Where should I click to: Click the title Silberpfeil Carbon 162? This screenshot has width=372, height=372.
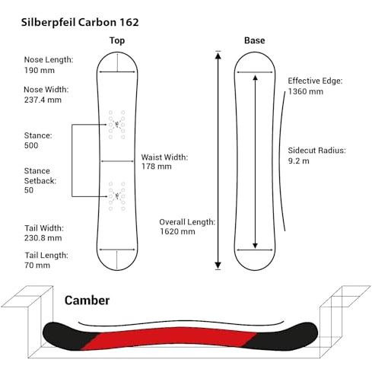[80, 22]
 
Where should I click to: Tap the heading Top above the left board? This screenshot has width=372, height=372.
[117, 40]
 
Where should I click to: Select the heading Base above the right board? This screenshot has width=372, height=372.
[255, 40]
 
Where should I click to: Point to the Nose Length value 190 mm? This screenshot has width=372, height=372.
[40, 70]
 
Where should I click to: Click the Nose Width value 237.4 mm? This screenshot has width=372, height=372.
[43, 100]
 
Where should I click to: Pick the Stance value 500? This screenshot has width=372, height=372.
[31, 145]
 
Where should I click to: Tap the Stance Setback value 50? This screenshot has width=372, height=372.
[29, 190]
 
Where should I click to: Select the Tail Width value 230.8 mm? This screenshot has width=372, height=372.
[43, 238]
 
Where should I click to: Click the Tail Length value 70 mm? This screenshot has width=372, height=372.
[37, 265]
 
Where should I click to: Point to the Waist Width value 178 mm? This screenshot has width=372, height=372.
[157, 167]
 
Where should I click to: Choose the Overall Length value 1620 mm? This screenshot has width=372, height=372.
[177, 231]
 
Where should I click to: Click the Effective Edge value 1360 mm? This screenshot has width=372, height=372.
[306, 91]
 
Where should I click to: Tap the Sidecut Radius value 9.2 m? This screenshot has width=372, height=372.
[299, 161]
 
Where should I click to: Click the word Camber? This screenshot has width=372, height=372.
[87, 300]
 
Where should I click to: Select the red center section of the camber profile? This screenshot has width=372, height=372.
[170, 337]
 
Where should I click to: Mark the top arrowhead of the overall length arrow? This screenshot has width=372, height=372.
[218, 55]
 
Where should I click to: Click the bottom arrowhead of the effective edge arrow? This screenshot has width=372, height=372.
[255, 246]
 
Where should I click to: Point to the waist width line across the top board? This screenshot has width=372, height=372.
[117, 161]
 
